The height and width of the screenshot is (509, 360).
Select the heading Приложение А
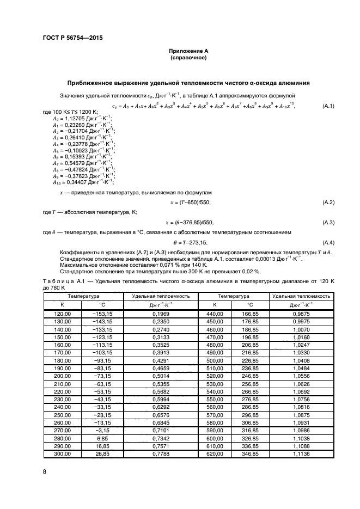(x=188, y=51)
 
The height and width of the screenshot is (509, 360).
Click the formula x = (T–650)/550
(x=188, y=203)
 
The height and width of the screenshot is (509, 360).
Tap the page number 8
(x=45, y=472)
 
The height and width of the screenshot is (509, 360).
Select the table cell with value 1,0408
(x=301, y=361)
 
